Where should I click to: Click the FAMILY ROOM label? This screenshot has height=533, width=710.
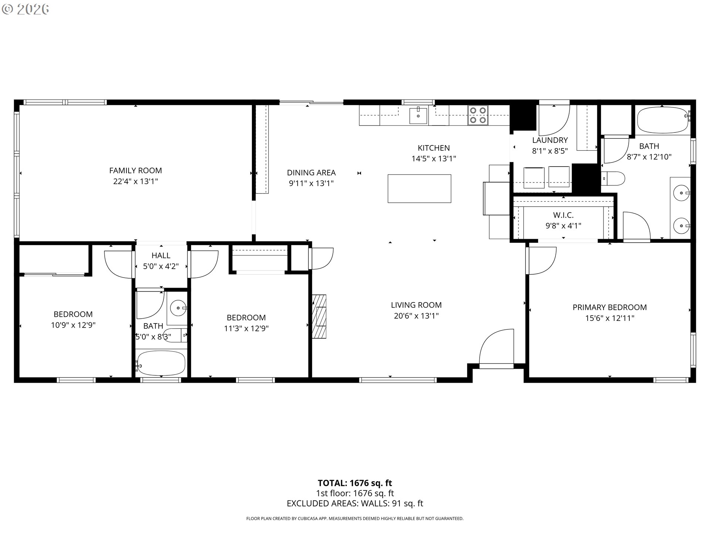135,171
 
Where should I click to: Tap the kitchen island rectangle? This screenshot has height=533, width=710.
419,189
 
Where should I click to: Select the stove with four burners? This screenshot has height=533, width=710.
478,115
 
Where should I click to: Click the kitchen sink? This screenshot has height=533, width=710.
418,116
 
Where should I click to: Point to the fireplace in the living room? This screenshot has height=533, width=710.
319,316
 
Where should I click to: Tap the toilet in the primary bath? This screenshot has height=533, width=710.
613,179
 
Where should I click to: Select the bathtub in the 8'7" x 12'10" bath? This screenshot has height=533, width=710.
663,120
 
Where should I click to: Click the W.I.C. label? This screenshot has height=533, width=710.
563,215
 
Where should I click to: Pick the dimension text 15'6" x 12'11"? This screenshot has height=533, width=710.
610,318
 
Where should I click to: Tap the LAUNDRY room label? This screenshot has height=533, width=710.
550,140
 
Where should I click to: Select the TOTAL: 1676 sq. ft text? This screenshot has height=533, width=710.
355,483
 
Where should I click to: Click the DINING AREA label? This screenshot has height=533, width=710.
311,172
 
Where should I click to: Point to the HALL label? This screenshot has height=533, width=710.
161,255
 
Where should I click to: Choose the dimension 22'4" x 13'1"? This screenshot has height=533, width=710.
135,181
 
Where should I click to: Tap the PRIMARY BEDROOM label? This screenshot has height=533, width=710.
610,307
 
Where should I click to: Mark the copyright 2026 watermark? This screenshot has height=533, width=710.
26,9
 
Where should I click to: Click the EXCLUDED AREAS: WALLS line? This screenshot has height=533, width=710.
355,503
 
